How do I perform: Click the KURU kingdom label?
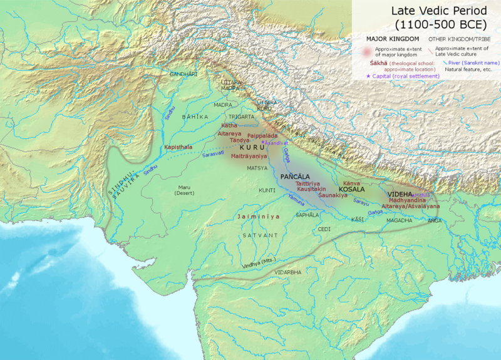click(252, 148)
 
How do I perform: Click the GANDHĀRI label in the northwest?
click(183, 74)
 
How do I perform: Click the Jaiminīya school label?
click(257, 216)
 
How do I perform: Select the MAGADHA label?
click(399, 220)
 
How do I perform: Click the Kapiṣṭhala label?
click(178, 147)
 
